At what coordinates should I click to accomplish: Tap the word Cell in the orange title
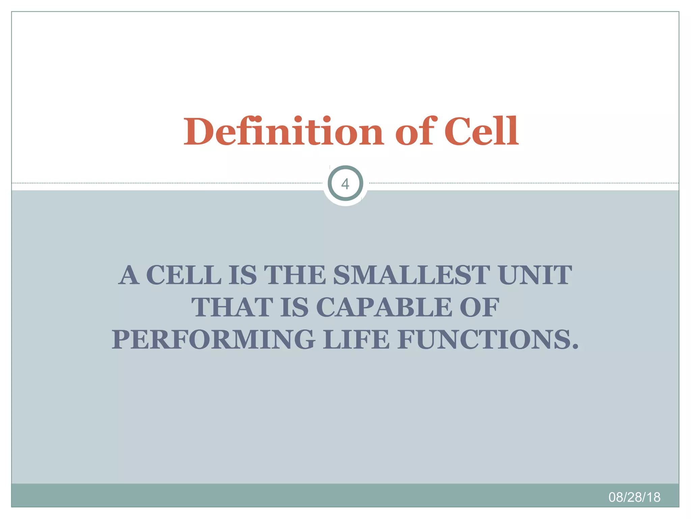[481, 132]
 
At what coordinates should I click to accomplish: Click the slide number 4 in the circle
[345, 184]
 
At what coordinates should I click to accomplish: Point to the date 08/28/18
[634, 497]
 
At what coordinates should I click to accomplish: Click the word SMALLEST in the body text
[412, 275]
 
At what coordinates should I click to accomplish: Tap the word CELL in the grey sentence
[184, 275]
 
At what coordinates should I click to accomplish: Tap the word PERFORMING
[214, 340]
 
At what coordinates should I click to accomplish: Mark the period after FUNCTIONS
[575, 347]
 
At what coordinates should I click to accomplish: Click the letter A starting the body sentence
[129, 275]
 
